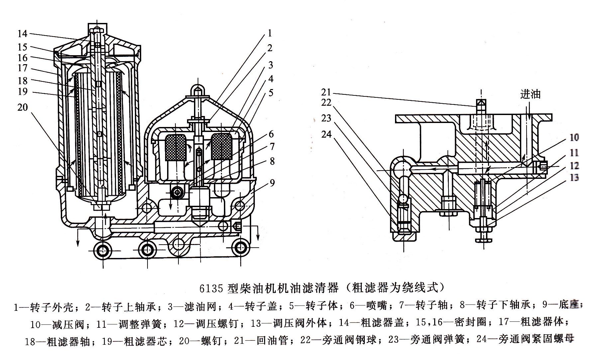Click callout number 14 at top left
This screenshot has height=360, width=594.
coord(22,34)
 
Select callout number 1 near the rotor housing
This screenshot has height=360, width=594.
coord(270,33)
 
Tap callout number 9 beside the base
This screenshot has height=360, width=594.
coord(272,183)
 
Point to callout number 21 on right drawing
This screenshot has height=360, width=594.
coord(326,92)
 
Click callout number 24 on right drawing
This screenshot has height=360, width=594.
coord(326,134)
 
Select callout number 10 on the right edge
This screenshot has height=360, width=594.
coord(574,137)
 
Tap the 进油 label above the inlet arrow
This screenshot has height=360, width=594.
coord(530,94)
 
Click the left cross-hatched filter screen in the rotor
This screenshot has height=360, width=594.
coord(176,147)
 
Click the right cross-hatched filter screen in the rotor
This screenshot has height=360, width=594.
coord(221,146)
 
